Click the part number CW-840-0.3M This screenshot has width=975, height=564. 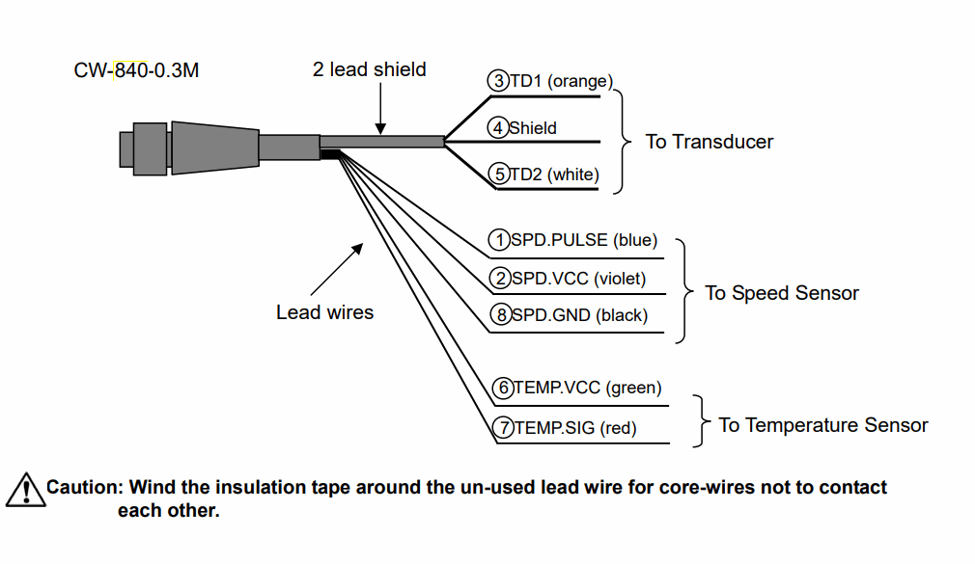click(x=136, y=70)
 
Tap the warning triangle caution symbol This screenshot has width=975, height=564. click(x=25, y=490)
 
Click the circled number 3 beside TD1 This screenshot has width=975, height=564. click(x=498, y=81)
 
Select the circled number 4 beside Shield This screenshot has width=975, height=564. click(x=497, y=128)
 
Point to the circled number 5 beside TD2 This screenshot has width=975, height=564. click(x=499, y=174)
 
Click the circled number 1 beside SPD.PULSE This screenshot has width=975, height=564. click(x=499, y=240)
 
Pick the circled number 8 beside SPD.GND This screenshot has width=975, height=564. click(x=501, y=315)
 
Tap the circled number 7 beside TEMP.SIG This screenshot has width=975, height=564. click(x=503, y=427)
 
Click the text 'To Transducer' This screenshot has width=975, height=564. click(x=709, y=142)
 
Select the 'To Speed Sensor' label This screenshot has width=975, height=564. click(x=782, y=292)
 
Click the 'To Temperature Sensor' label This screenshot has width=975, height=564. click(x=823, y=425)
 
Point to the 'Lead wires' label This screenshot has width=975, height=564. click(x=324, y=311)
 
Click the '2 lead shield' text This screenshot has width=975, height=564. click(x=370, y=69)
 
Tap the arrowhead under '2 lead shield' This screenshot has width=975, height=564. click(x=380, y=128)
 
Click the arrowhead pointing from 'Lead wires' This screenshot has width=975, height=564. click(x=357, y=249)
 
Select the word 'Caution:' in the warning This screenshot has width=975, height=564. click(x=86, y=487)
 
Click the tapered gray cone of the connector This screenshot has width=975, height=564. click(x=215, y=148)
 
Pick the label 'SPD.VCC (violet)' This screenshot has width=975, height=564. click(x=578, y=279)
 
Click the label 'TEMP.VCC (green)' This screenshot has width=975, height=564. click(x=588, y=388)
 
